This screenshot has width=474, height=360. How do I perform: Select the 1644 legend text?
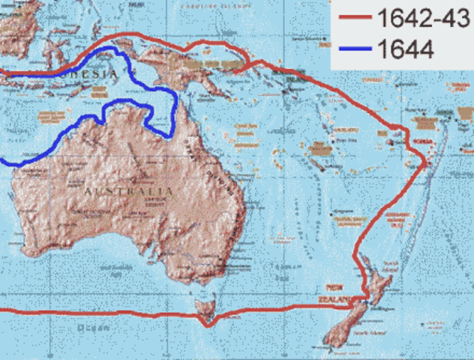pos(404,51)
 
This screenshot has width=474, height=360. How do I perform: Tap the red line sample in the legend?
pos(354,19)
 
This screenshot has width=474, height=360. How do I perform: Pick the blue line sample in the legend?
pos(354,51)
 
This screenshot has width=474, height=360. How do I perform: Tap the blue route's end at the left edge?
pos(3,161)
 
